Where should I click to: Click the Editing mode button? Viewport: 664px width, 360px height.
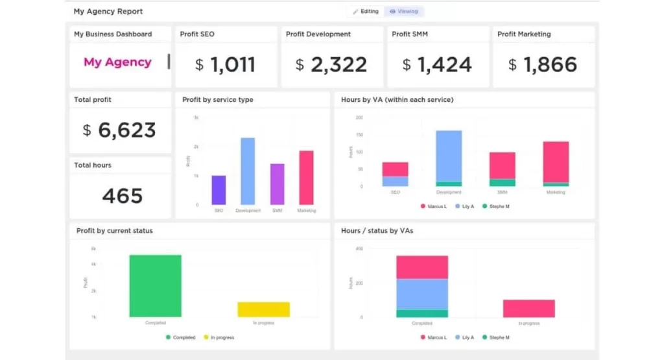point(366,12)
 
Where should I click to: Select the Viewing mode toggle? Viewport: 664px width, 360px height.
point(404,12)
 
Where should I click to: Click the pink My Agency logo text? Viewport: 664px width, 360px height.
point(117,62)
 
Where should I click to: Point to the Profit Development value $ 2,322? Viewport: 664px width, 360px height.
point(331,64)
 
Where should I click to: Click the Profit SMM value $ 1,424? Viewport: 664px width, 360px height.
point(437,64)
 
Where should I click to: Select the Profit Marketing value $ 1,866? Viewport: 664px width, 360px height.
point(543,64)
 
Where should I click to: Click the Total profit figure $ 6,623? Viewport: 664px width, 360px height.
point(119,130)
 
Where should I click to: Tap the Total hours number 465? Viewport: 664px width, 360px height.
point(123,195)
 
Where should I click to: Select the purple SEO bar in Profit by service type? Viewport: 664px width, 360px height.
point(219,190)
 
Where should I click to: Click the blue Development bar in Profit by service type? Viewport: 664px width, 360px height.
point(248,171)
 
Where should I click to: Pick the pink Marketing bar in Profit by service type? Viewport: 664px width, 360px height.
point(306,178)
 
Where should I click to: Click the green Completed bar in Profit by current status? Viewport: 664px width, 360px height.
point(155,285)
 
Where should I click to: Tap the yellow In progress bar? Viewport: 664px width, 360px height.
point(263,309)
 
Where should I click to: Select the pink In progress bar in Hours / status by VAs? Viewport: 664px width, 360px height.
point(528,308)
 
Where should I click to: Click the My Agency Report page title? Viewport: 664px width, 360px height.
point(108,12)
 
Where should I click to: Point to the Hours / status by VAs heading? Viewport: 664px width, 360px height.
point(377,230)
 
